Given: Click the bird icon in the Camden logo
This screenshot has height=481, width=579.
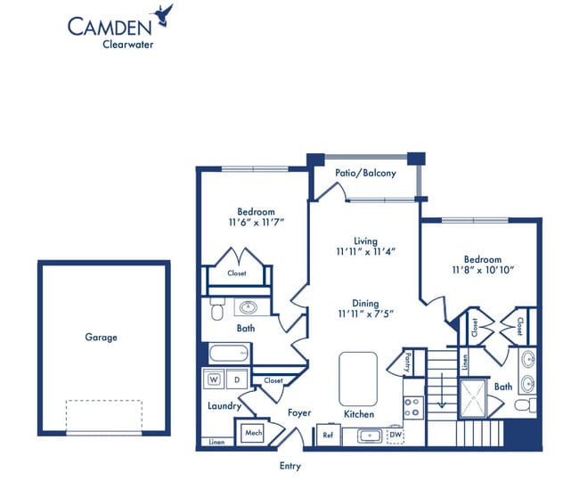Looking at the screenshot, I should (x=162, y=12).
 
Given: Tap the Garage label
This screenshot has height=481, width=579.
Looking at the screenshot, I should (x=101, y=338).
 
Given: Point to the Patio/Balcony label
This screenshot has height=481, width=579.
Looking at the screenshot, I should (x=365, y=173).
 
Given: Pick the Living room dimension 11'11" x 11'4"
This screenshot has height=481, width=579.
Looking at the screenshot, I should (x=365, y=252).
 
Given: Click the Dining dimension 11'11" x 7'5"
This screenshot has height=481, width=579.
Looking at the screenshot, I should (x=365, y=313).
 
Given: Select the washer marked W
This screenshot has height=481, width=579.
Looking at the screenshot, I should (x=214, y=380).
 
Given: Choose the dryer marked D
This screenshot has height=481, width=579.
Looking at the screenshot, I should (x=236, y=380).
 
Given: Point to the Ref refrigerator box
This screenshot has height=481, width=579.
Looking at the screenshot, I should (x=328, y=436).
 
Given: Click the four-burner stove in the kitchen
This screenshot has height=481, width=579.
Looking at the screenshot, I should (x=412, y=408).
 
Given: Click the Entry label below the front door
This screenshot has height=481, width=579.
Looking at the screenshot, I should (x=289, y=466).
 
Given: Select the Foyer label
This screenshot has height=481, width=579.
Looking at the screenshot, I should (x=298, y=413).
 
